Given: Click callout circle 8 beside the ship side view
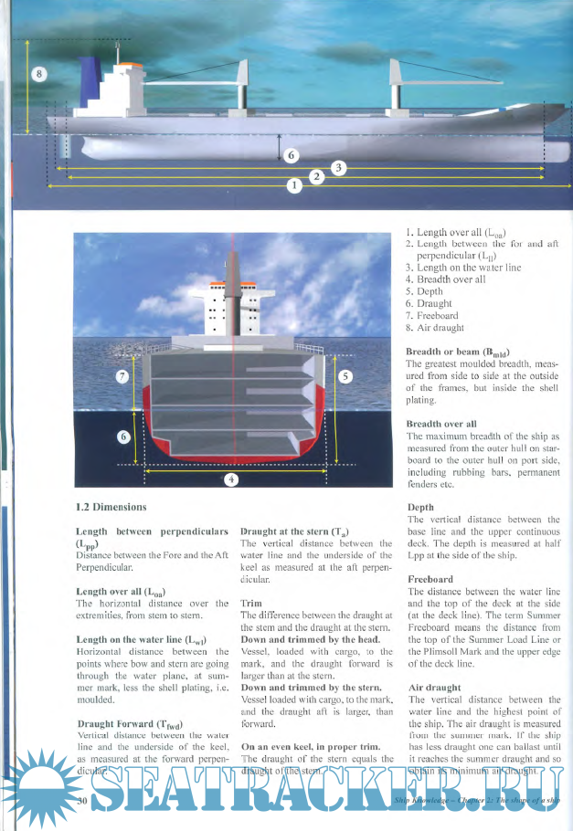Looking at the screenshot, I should click(x=37, y=74).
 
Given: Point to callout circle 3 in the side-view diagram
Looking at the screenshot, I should click(x=338, y=167).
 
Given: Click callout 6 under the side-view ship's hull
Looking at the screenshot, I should click(x=291, y=155).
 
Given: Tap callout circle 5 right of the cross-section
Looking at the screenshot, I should click(x=345, y=376).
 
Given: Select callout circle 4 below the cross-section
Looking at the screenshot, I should click(x=232, y=480).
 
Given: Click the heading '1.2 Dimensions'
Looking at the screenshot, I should click(x=111, y=506).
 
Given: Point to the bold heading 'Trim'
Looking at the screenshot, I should click(x=250, y=604).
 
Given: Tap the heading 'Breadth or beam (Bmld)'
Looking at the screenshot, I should click(x=458, y=352).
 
